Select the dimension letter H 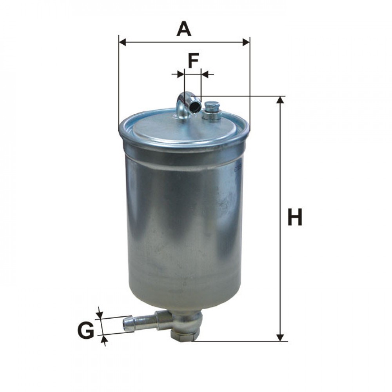[295, 218]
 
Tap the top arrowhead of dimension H [280, 100]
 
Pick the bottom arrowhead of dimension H [280, 337]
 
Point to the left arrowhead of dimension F [180, 73]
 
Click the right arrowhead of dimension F [205, 73]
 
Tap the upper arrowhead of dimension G [100, 314]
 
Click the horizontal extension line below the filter [239, 341]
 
